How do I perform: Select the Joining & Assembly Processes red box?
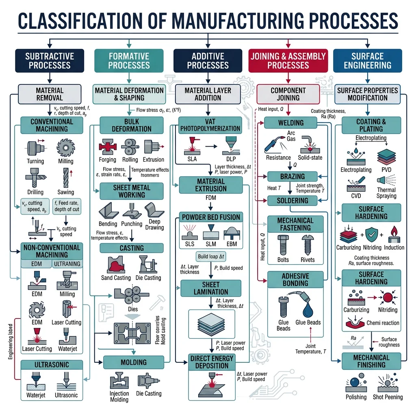point(288,61)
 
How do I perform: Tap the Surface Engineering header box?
point(367,61)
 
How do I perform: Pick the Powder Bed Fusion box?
point(211,217)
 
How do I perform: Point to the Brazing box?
point(292,177)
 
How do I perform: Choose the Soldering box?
point(292,201)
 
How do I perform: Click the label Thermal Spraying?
point(386,193)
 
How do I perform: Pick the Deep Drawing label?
point(154,225)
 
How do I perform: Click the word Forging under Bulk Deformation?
point(107,160)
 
